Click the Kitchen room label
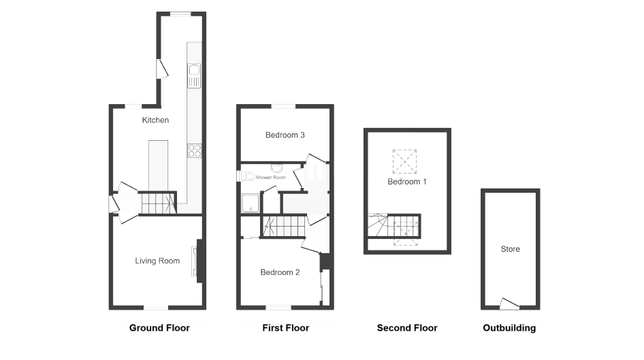pos(155,120)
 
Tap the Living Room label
pos(157,261)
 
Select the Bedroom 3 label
pos(285,135)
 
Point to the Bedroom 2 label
pos(280,272)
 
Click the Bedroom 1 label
pos(407,182)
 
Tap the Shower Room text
pos(271,178)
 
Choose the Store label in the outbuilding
pos(510,249)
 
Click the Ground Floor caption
pos(159,327)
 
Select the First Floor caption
pos(286,327)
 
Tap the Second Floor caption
pos(407,327)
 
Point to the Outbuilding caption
pos(509,327)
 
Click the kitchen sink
pos(194,76)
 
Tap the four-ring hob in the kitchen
pos(195,150)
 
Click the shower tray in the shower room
pos(251,203)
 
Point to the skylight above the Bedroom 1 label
pos(404,161)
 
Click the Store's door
pos(509,304)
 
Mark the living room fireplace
pos(198,261)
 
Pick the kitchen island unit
pos(158,166)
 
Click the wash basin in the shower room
pos(277,168)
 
